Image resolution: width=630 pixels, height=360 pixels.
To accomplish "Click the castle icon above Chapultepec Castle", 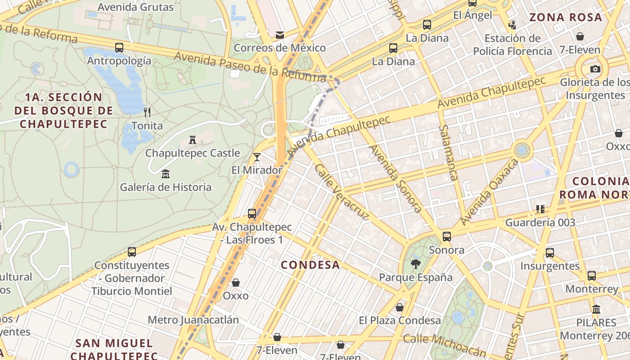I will point(193,140).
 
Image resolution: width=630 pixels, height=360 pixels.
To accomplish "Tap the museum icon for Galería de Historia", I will point(166,174).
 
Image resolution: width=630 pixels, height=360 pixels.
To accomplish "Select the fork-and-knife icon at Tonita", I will point(147,112).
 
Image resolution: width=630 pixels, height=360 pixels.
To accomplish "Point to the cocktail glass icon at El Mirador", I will point(257,157).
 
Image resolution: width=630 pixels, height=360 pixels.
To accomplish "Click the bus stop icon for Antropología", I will point(119,47).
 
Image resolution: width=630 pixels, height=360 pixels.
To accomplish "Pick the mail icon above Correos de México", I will point(280,35).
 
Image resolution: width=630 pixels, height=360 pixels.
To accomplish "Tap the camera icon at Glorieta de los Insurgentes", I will point(595,69).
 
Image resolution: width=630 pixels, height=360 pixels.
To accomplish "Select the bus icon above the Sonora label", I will point(447,236).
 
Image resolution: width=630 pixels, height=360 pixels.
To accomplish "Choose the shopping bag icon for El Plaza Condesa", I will point(400,307).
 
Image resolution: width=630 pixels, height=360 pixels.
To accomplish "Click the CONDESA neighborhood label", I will point(310,265).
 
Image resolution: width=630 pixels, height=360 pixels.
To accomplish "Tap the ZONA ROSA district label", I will point(566,18).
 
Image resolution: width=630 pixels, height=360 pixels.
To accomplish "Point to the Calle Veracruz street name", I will point(342,192).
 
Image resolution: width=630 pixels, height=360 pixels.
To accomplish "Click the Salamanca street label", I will point(448,153).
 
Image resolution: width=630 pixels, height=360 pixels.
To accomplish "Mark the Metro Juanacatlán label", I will point(193,320).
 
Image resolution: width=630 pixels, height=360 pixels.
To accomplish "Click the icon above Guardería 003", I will point(540,209).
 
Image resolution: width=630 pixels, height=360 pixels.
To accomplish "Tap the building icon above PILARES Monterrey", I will point(597,309).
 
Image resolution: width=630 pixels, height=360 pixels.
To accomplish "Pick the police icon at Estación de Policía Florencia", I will point(512,24).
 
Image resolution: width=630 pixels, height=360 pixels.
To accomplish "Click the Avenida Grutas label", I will point(135,7).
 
